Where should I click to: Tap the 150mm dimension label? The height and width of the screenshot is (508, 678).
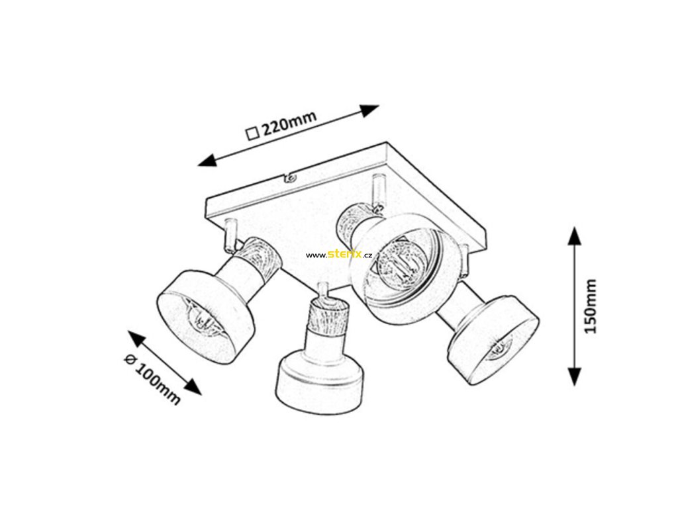coord(591,306)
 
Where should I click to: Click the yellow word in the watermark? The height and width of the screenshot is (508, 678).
coord(345,254)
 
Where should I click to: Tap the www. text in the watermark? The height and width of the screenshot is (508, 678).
coord(316,255)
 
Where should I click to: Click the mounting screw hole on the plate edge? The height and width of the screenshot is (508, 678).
coord(289,177)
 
